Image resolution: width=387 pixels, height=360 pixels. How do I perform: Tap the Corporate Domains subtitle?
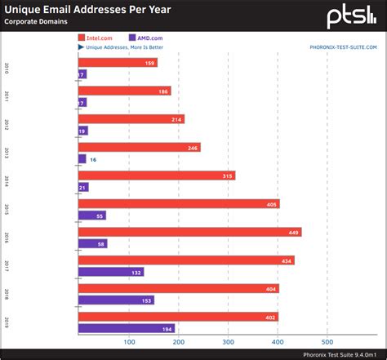click(x=38, y=24)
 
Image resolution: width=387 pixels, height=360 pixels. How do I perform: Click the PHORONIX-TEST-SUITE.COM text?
click(x=344, y=47)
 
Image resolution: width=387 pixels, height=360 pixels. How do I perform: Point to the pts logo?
click(x=352, y=16)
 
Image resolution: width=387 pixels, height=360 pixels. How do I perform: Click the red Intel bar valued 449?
click(x=189, y=232)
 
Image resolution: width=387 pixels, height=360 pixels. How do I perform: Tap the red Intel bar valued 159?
click(x=118, y=63)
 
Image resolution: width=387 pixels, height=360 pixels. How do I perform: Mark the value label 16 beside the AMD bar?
click(x=93, y=159)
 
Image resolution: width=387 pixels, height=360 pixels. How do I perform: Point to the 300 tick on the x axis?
click(x=229, y=342)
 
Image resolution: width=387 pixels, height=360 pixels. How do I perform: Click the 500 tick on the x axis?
click(x=327, y=342)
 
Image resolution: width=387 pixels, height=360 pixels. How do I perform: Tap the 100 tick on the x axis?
click(x=128, y=342)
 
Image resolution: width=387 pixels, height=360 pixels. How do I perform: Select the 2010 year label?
click(x=7, y=69)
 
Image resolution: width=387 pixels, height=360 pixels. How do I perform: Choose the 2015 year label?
click(x=7, y=210)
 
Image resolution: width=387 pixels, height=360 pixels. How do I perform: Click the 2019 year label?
click(x=7, y=322)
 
